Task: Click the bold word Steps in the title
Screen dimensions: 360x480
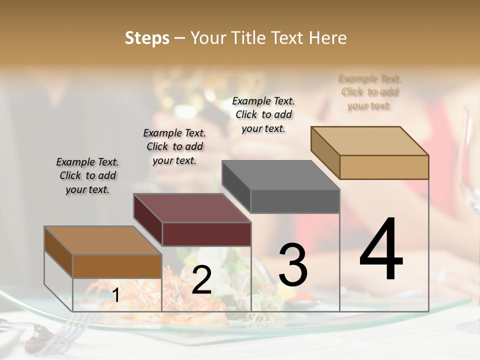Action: pyautogui.click(x=147, y=38)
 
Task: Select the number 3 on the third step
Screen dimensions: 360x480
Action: pyautogui.click(x=292, y=264)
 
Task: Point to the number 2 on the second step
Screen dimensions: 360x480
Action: pyautogui.click(x=201, y=280)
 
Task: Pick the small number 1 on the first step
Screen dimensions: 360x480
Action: pyautogui.click(x=115, y=295)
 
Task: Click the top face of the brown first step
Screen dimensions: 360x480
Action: pyautogui.click(x=102, y=240)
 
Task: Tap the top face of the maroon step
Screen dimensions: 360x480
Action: pyautogui.click(x=191, y=208)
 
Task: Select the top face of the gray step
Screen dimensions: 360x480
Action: pyautogui.click(x=280, y=175)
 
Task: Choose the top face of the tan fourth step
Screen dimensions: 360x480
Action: pyautogui.click(x=369, y=141)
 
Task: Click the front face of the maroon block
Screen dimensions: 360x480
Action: pyautogui.click(x=206, y=234)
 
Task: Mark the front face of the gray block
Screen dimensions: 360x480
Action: pyautogui.click(x=295, y=201)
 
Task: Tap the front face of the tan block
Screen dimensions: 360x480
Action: pyautogui.click(x=384, y=167)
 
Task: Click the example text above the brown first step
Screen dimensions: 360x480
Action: pyautogui.click(x=87, y=175)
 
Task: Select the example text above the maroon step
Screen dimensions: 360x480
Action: pyautogui.click(x=174, y=146)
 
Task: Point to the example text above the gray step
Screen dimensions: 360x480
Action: pyautogui.click(x=263, y=114)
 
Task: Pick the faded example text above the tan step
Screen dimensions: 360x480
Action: pyautogui.click(x=370, y=92)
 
